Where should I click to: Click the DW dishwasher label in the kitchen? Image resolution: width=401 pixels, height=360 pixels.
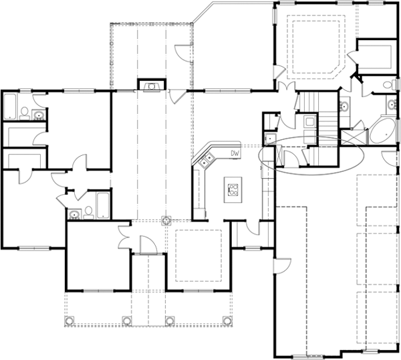pyautogui.click(x=235, y=154)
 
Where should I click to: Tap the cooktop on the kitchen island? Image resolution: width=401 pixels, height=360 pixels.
pyautogui.click(x=233, y=191)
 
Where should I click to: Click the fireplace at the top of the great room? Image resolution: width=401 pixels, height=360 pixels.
pyautogui.click(x=152, y=85)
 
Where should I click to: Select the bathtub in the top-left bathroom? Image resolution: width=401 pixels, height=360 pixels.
pyautogui.click(x=11, y=107)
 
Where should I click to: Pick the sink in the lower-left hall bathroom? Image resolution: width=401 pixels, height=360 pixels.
pyautogui.click(x=73, y=214)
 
